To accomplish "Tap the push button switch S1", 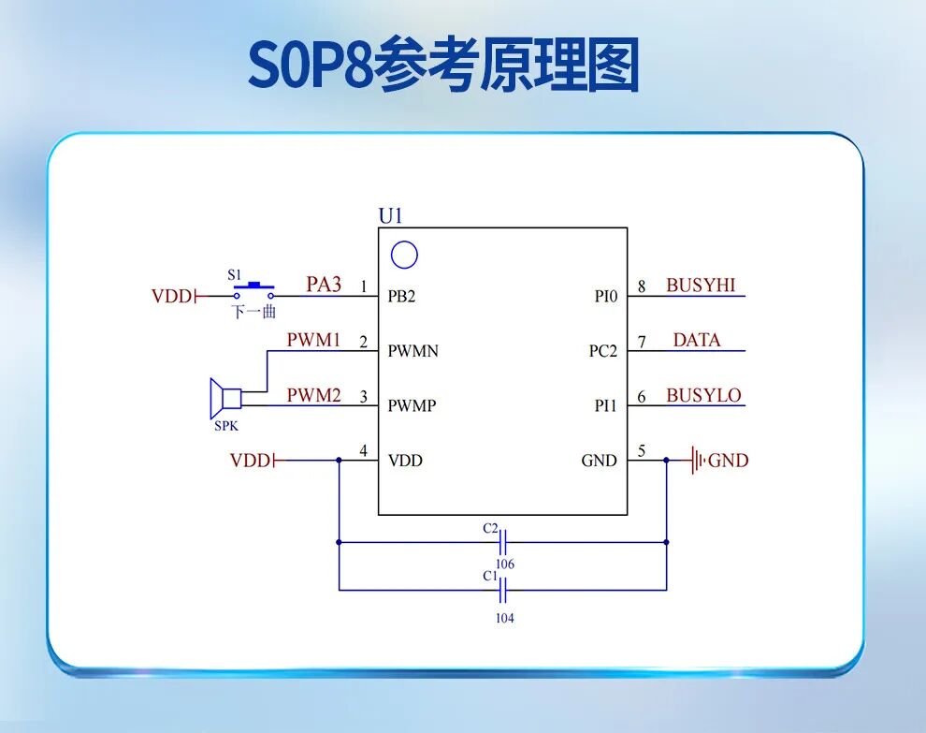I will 253,287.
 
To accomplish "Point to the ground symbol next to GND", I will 696,461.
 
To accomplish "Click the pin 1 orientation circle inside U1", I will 403,255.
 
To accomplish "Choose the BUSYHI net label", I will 701,286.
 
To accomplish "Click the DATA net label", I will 697,341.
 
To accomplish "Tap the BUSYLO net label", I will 703,395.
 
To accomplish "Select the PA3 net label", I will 324,285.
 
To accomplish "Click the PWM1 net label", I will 313,340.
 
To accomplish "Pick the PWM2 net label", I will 313,395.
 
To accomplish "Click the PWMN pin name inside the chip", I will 412,351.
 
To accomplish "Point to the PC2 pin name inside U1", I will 602,351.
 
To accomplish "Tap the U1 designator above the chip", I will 390,216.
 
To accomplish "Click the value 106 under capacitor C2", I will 505,564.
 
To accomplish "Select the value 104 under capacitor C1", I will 504,618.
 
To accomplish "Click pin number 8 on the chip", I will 642,286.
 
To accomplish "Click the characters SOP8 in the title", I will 310,66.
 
